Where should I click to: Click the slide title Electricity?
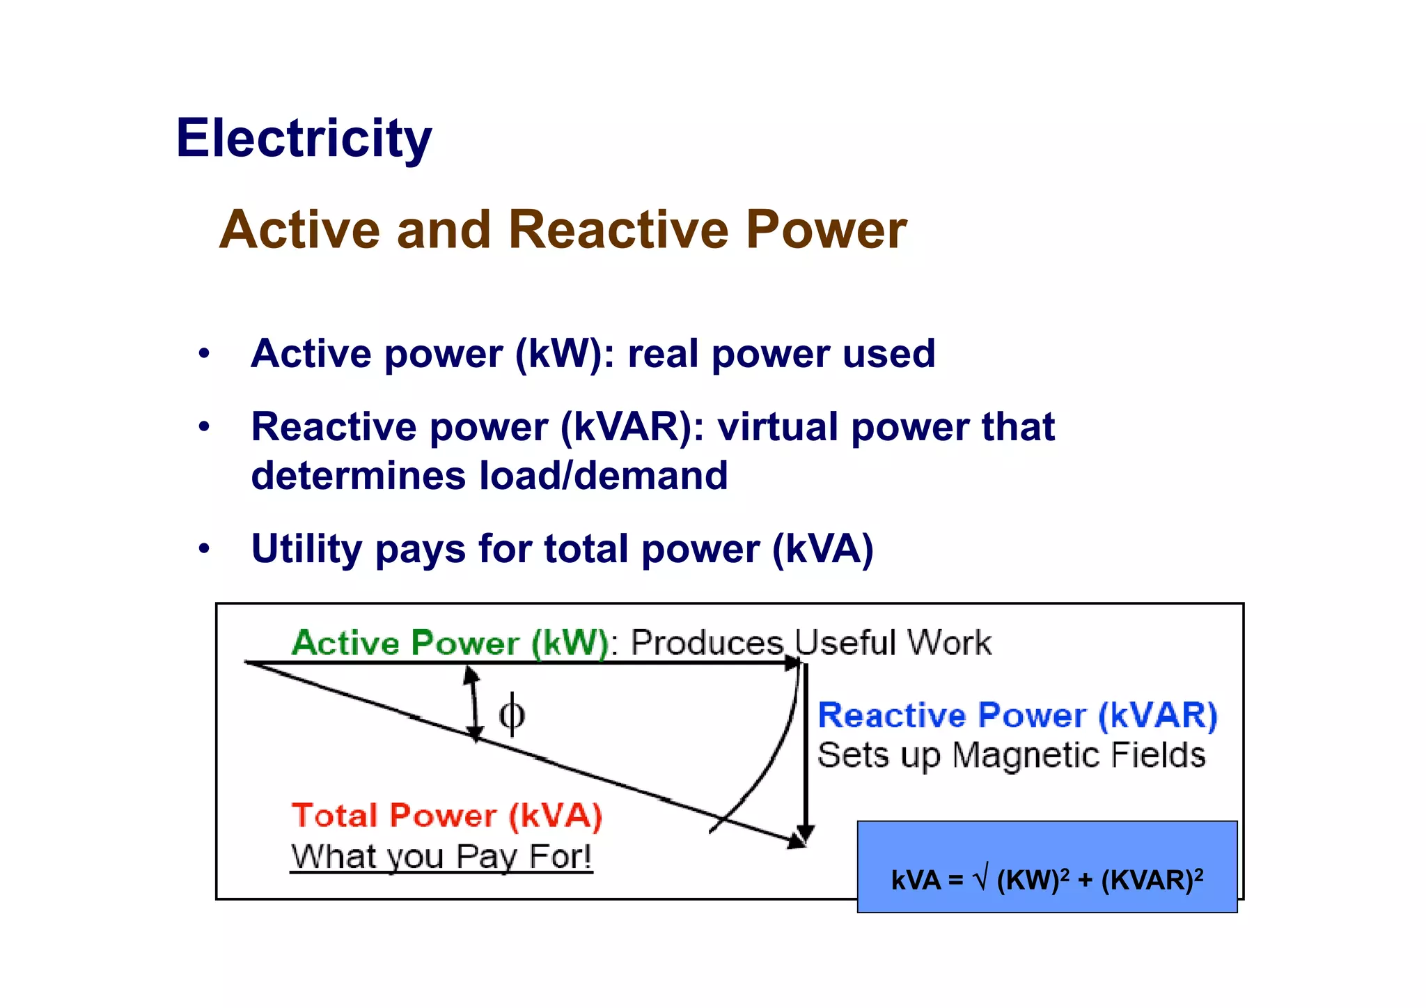point(304,139)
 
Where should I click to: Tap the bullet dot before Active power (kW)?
point(203,353)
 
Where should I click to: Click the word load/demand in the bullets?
point(603,476)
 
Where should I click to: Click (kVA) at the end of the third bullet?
point(823,549)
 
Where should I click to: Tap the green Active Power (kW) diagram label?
point(450,642)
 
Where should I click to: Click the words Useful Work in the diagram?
point(893,642)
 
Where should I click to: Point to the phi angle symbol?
point(512,714)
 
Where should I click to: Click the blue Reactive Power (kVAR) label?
point(1017,715)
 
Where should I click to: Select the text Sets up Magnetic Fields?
point(1011,755)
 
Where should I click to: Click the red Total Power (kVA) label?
point(446,816)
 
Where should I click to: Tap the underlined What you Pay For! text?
point(441,856)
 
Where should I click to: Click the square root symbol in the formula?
point(980,879)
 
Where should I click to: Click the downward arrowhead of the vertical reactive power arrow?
point(806,832)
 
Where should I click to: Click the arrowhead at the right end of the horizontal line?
point(793,663)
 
